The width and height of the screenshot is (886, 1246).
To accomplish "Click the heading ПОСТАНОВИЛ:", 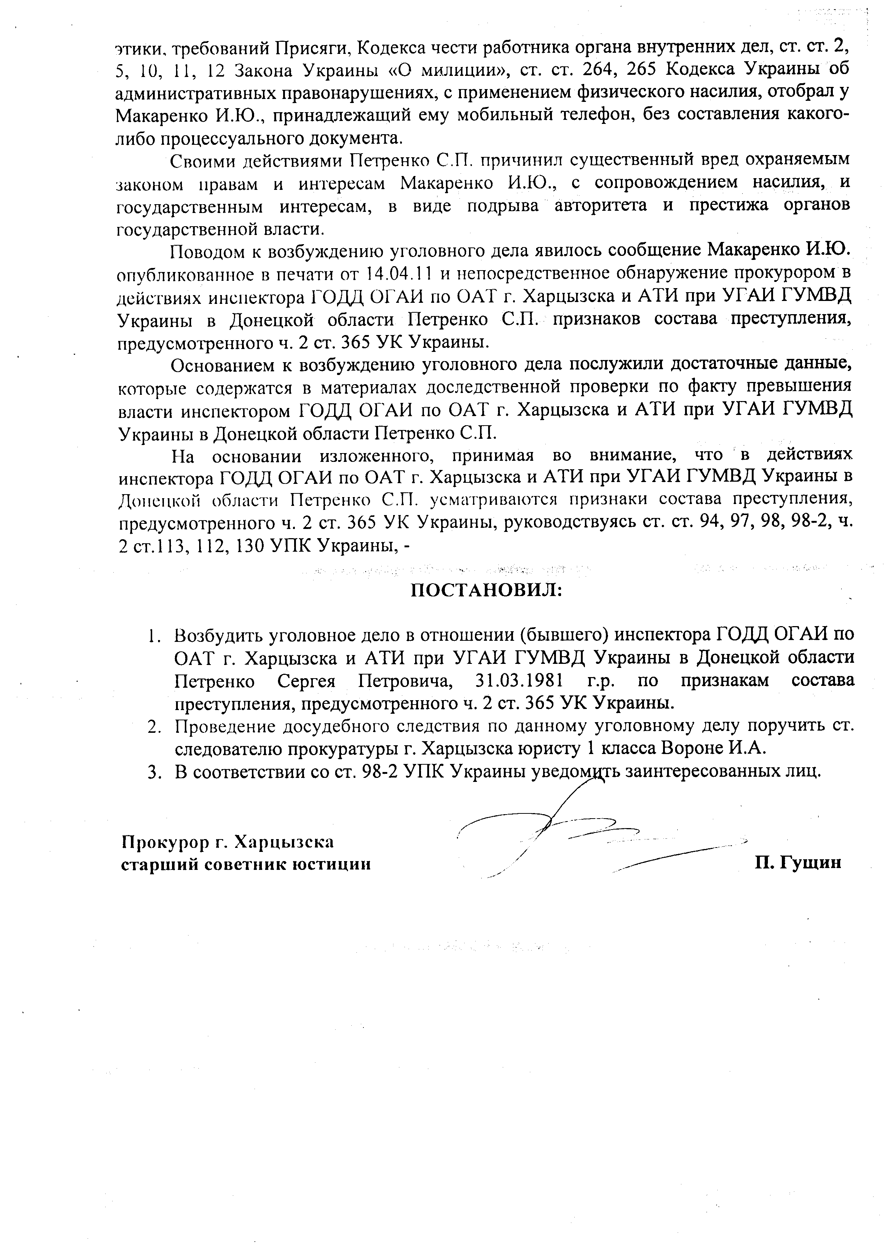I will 486,590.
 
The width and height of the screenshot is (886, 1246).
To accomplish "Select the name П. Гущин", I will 798,863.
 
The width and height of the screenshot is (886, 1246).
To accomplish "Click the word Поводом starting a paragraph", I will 207,251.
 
